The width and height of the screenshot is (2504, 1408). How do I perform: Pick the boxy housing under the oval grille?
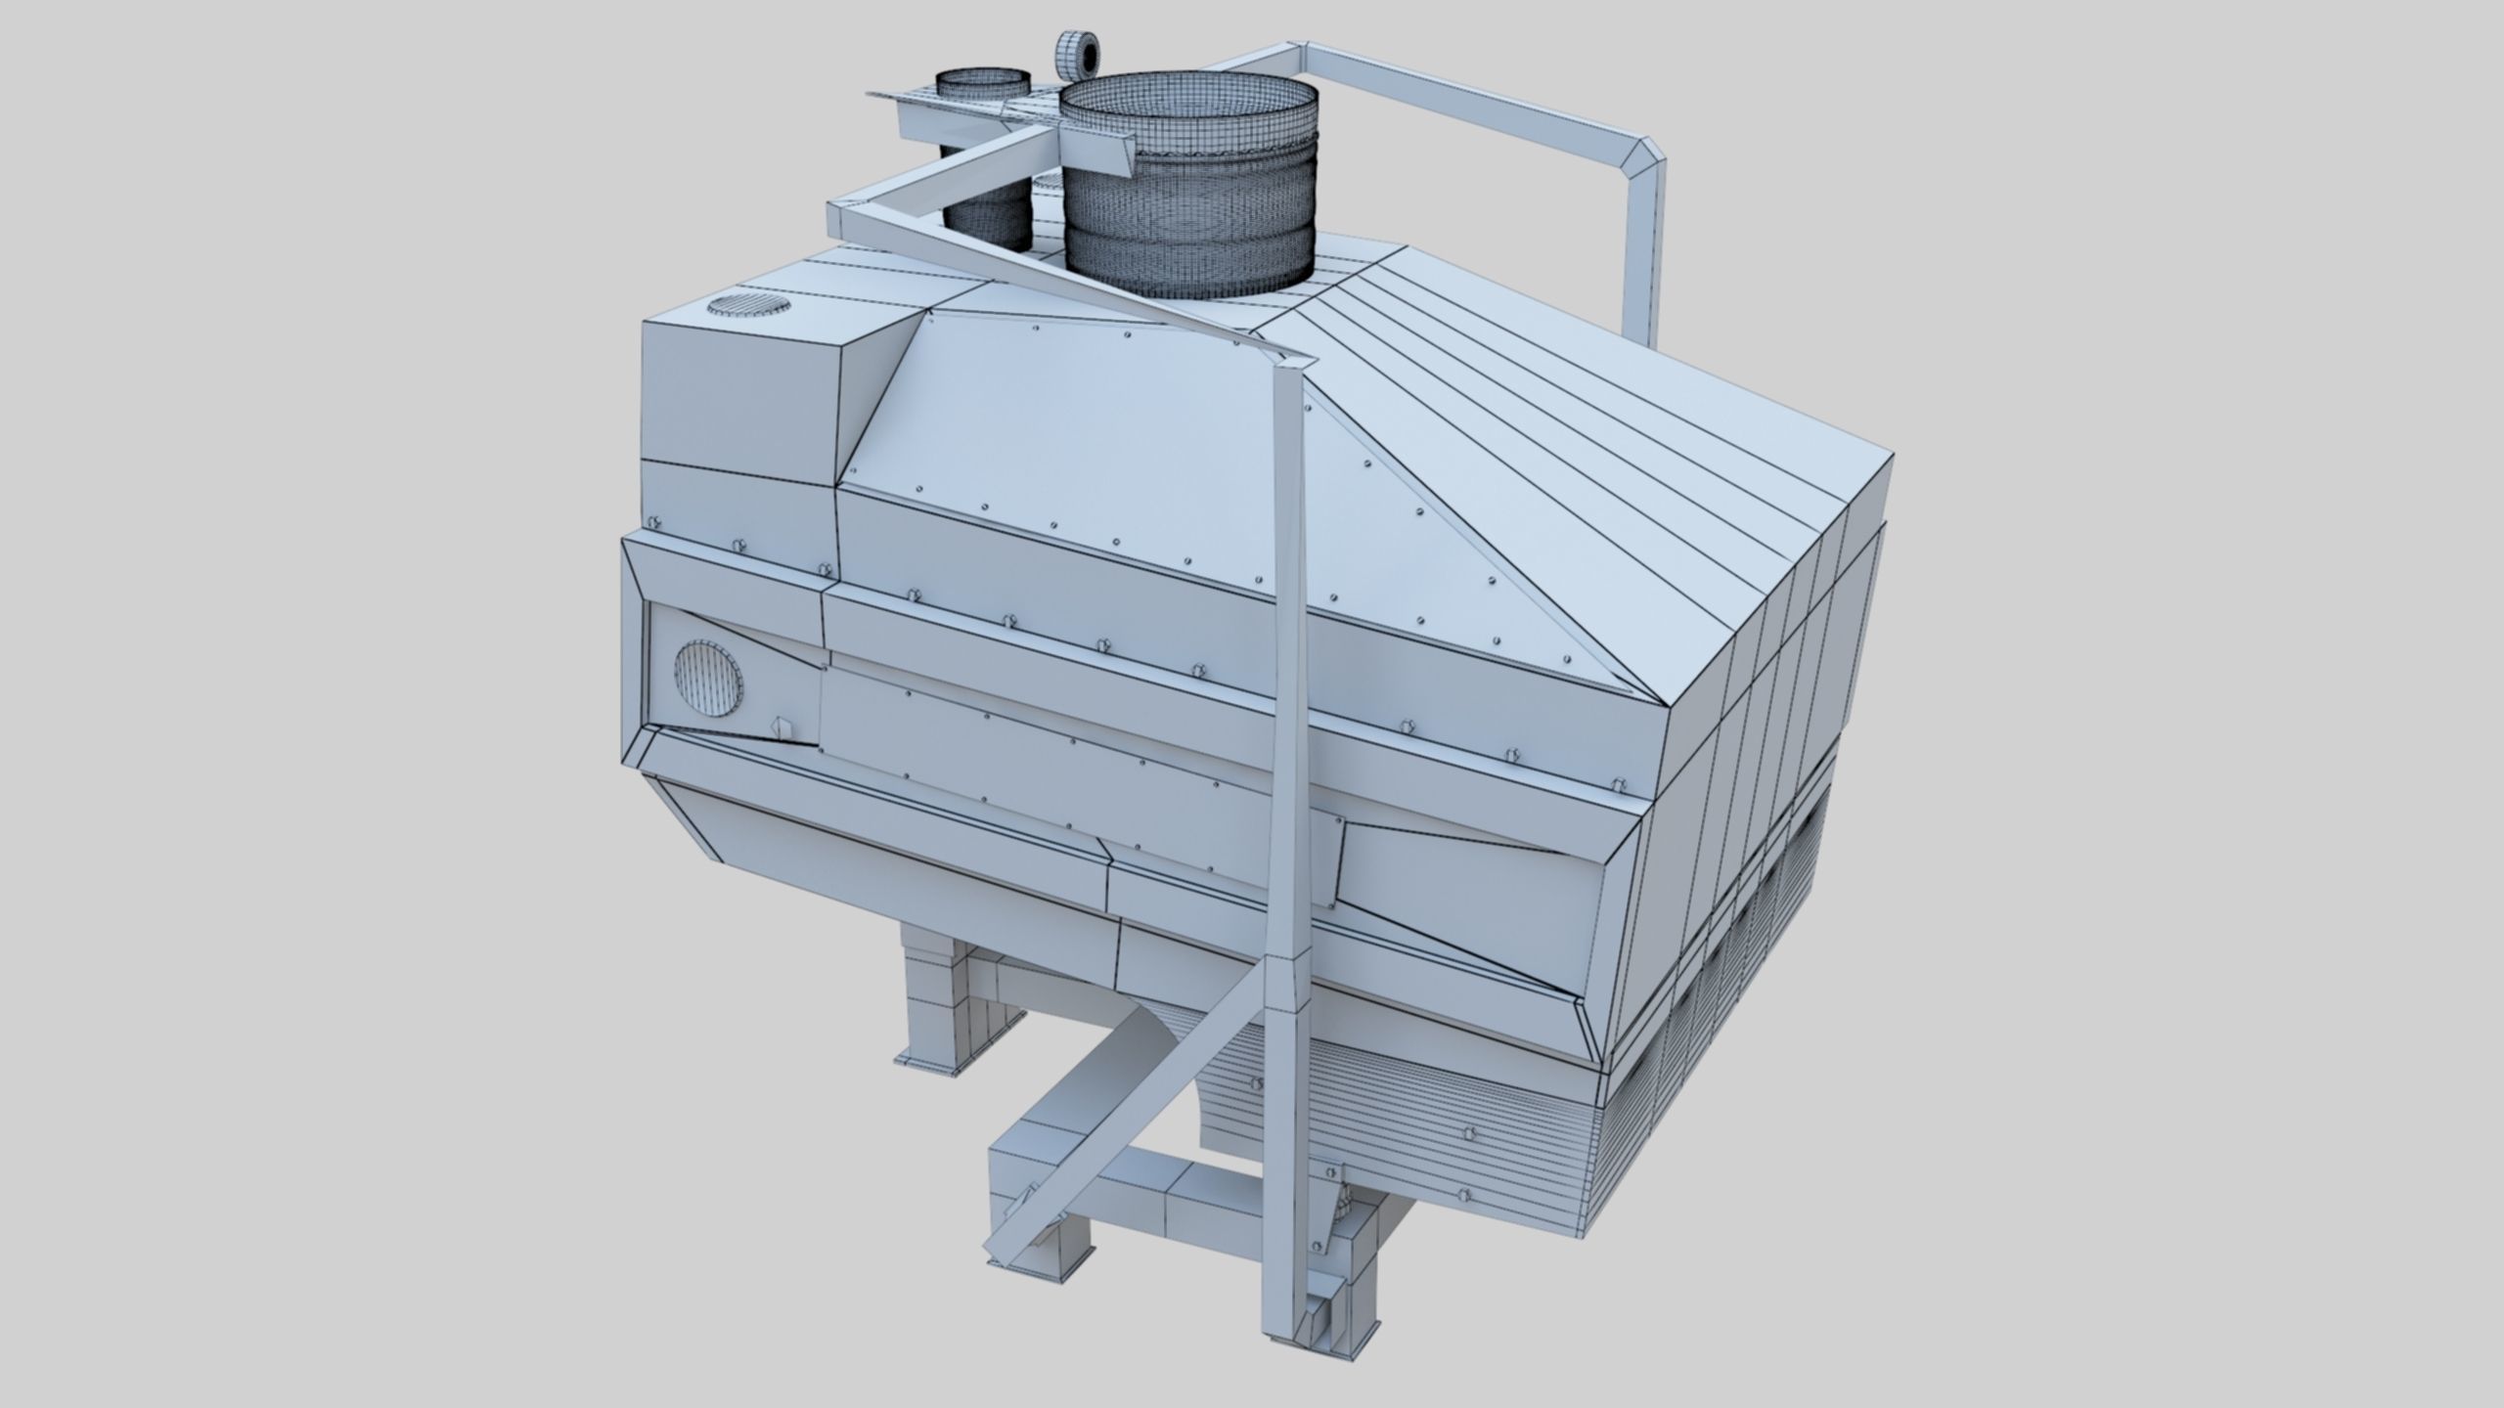click(x=743, y=401)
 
